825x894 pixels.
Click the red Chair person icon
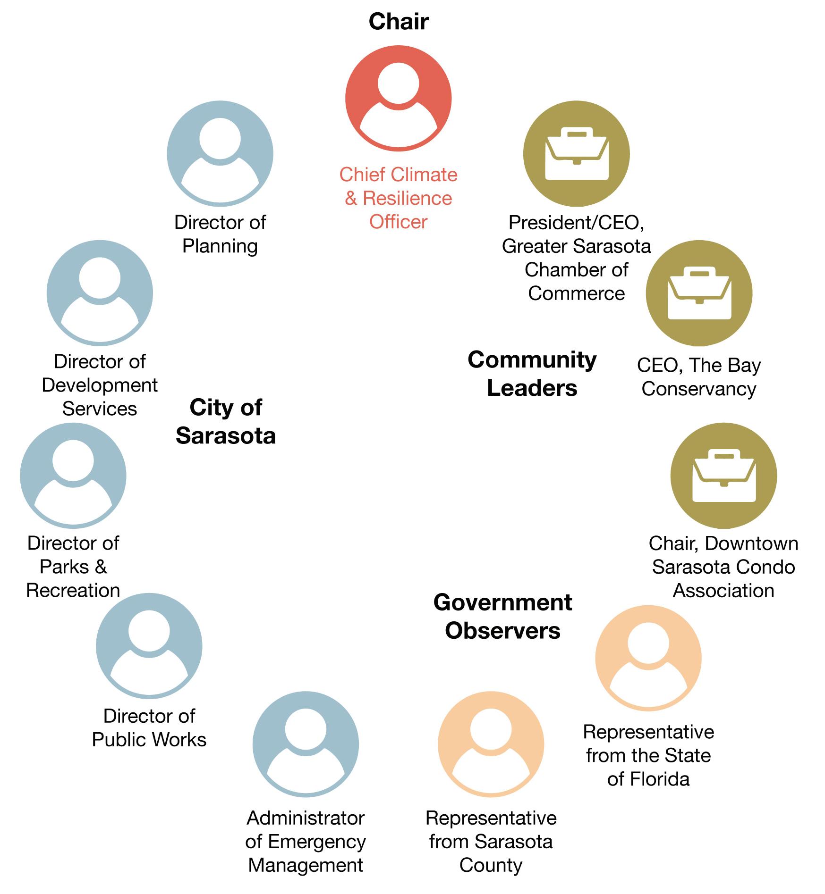click(x=398, y=98)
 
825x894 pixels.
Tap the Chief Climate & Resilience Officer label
click(x=398, y=198)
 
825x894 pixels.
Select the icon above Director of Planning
click(x=220, y=153)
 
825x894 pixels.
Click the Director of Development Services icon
click(x=100, y=293)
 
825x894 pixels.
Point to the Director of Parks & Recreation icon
click(x=73, y=475)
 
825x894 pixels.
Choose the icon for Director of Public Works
click(x=149, y=645)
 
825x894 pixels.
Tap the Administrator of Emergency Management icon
click(x=306, y=744)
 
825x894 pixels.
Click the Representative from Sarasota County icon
click(x=491, y=744)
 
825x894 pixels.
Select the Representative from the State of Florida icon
click(x=648, y=658)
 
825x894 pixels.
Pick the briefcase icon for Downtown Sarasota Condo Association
click(x=723, y=475)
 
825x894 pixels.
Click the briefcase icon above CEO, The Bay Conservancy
click(x=699, y=293)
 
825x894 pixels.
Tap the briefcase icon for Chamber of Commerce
click(x=576, y=153)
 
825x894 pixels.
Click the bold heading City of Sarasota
click(x=226, y=421)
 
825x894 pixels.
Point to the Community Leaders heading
click(x=532, y=374)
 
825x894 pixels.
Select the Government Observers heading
click(x=502, y=617)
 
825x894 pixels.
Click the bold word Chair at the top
click(x=399, y=22)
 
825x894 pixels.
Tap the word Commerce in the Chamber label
click(x=576, y=293)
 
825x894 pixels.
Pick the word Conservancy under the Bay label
click(x=698, y=389)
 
